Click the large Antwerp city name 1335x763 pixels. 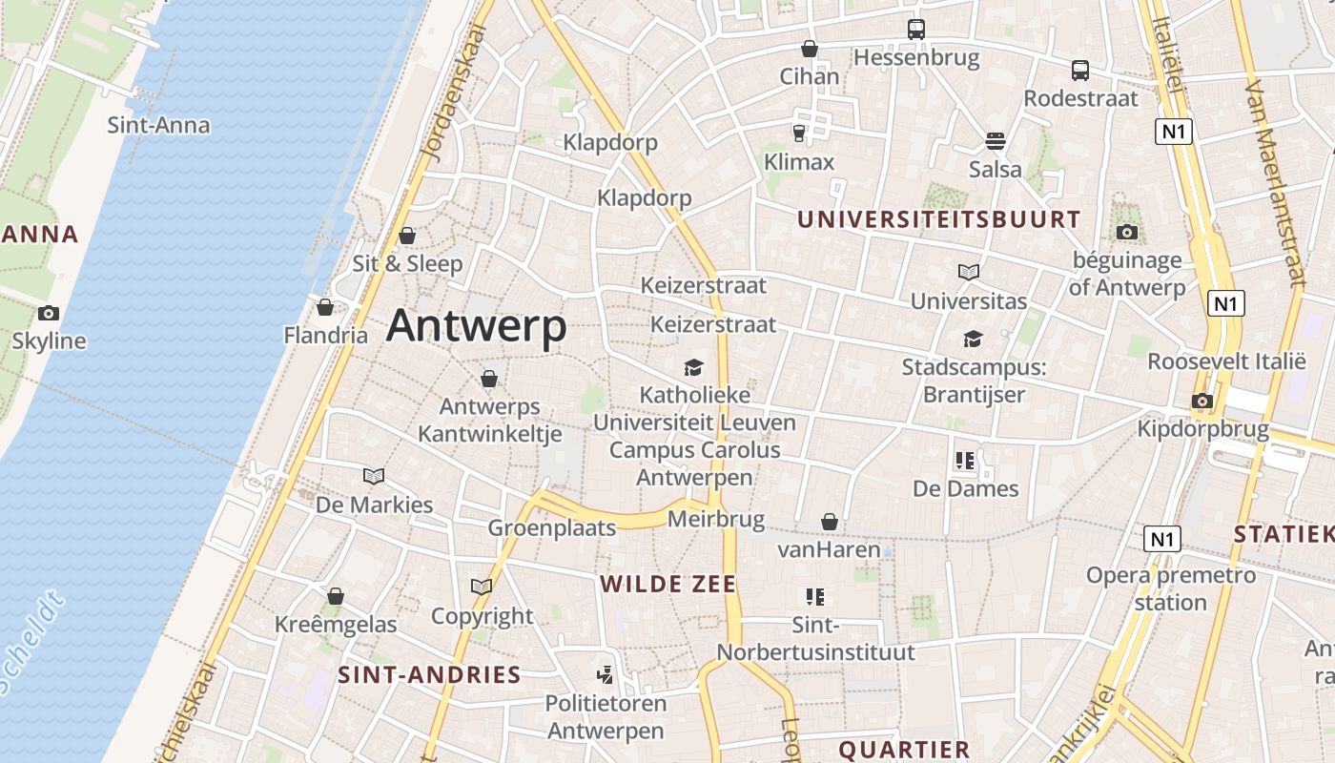476,326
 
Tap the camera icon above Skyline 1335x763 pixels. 48,313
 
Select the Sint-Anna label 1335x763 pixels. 158,125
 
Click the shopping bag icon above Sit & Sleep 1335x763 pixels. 407,236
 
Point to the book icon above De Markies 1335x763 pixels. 374,476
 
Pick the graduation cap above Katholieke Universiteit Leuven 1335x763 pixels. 693,367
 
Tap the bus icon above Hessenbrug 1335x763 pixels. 915,30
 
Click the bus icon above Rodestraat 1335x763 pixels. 1079,71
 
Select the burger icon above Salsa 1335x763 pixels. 995,142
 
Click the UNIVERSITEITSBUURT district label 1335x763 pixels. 938,219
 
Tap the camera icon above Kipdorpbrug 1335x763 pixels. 1201,402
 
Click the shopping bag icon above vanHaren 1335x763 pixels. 829,522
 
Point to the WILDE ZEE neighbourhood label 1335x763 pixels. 667,585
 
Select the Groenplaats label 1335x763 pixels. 552,527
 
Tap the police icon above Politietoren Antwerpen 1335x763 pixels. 604,675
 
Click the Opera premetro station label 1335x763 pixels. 1171,588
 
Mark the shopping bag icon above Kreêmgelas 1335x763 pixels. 335,597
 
